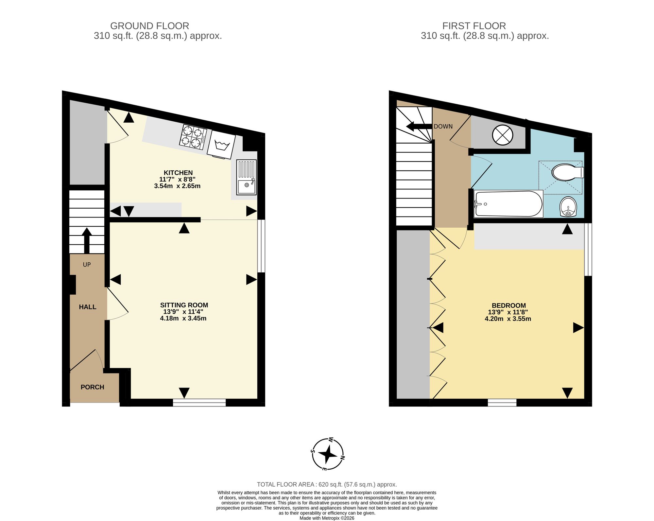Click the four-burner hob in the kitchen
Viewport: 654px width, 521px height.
click(193, 137)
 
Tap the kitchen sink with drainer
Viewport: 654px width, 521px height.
click(247, 177)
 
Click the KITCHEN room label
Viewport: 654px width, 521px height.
click(178, 173)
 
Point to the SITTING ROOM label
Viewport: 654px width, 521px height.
click(184, 305)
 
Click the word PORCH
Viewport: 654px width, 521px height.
click(93, 387)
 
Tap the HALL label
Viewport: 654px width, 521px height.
click(88, 307)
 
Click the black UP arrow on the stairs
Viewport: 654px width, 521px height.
click(87, 240)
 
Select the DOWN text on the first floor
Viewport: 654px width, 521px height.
click(443, 127)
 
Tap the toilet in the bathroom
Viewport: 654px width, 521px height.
click(568, 172)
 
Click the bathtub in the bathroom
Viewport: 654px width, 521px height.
click(508, 204)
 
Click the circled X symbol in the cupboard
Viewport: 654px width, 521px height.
click(502, 135)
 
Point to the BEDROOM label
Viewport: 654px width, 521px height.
click(509, 306)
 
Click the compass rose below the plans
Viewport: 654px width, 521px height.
click(328, 454)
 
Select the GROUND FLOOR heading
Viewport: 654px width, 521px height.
click(150, 26)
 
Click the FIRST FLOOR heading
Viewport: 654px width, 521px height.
click(474, 26)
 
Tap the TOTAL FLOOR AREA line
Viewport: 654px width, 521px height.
click(327, 485)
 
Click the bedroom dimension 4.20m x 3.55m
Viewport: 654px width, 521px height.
click(508, 319)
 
